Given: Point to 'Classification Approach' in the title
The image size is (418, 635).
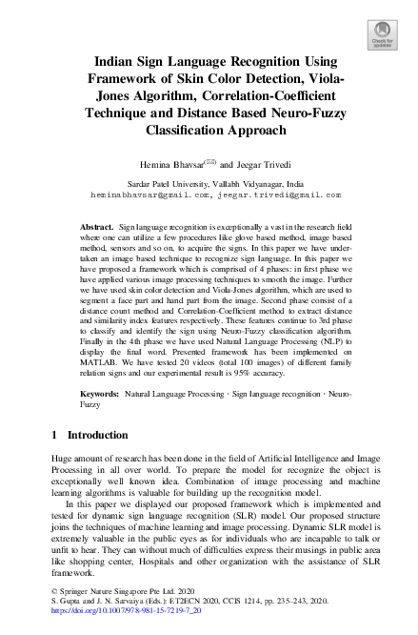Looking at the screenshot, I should (209, 130).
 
